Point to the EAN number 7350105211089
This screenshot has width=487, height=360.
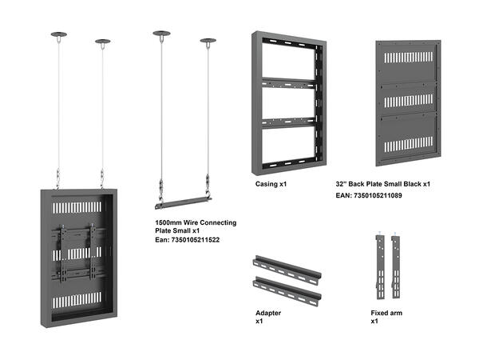(x=380, y=195)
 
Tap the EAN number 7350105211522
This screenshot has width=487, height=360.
(x=187, y=239)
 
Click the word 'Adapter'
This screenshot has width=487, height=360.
(x=268, y=313)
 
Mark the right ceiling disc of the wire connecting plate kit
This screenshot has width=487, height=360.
(x=208, y=40)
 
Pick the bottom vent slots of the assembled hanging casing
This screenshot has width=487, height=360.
(x=78, y=301)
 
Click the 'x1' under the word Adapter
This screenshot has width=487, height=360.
(x=259, y=322)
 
